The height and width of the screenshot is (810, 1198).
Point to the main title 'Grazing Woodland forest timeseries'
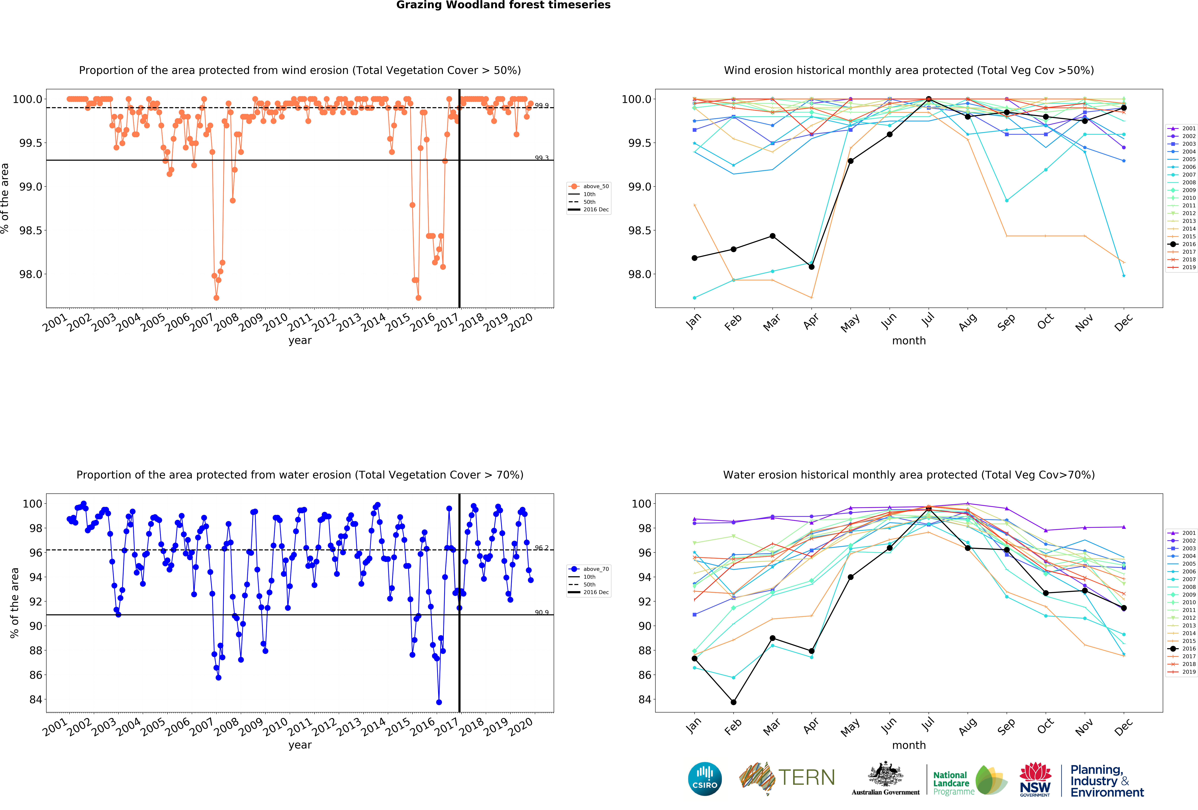click(x=503, y=5)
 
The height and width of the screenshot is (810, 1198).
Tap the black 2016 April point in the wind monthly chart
click(x=811, y=267)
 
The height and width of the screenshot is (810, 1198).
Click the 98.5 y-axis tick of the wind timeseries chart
click(x=30, y=231)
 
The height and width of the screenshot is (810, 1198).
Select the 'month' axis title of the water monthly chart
click(x=909, y=745)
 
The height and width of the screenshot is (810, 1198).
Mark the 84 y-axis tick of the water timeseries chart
click(x=36, y=700)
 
